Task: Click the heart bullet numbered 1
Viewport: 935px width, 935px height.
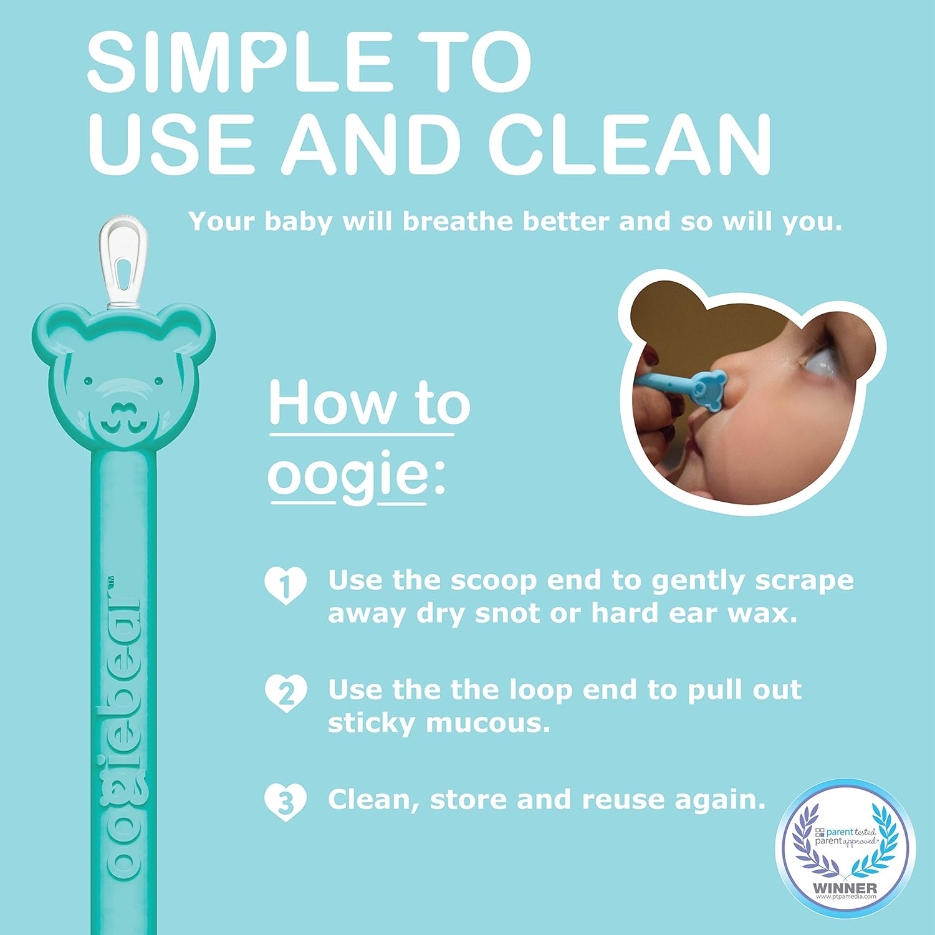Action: pos(285,586)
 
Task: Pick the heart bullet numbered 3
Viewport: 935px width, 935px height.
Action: pos(285,803)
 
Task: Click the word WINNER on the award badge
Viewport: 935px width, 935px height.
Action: pos(845,888)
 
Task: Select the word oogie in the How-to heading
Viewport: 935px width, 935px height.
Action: pos(348,477)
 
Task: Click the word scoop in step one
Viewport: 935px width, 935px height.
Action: pos(493,581)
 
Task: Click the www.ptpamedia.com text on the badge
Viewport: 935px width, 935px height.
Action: pos(845,896)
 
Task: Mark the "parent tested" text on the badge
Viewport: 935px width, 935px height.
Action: pos(851,832)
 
